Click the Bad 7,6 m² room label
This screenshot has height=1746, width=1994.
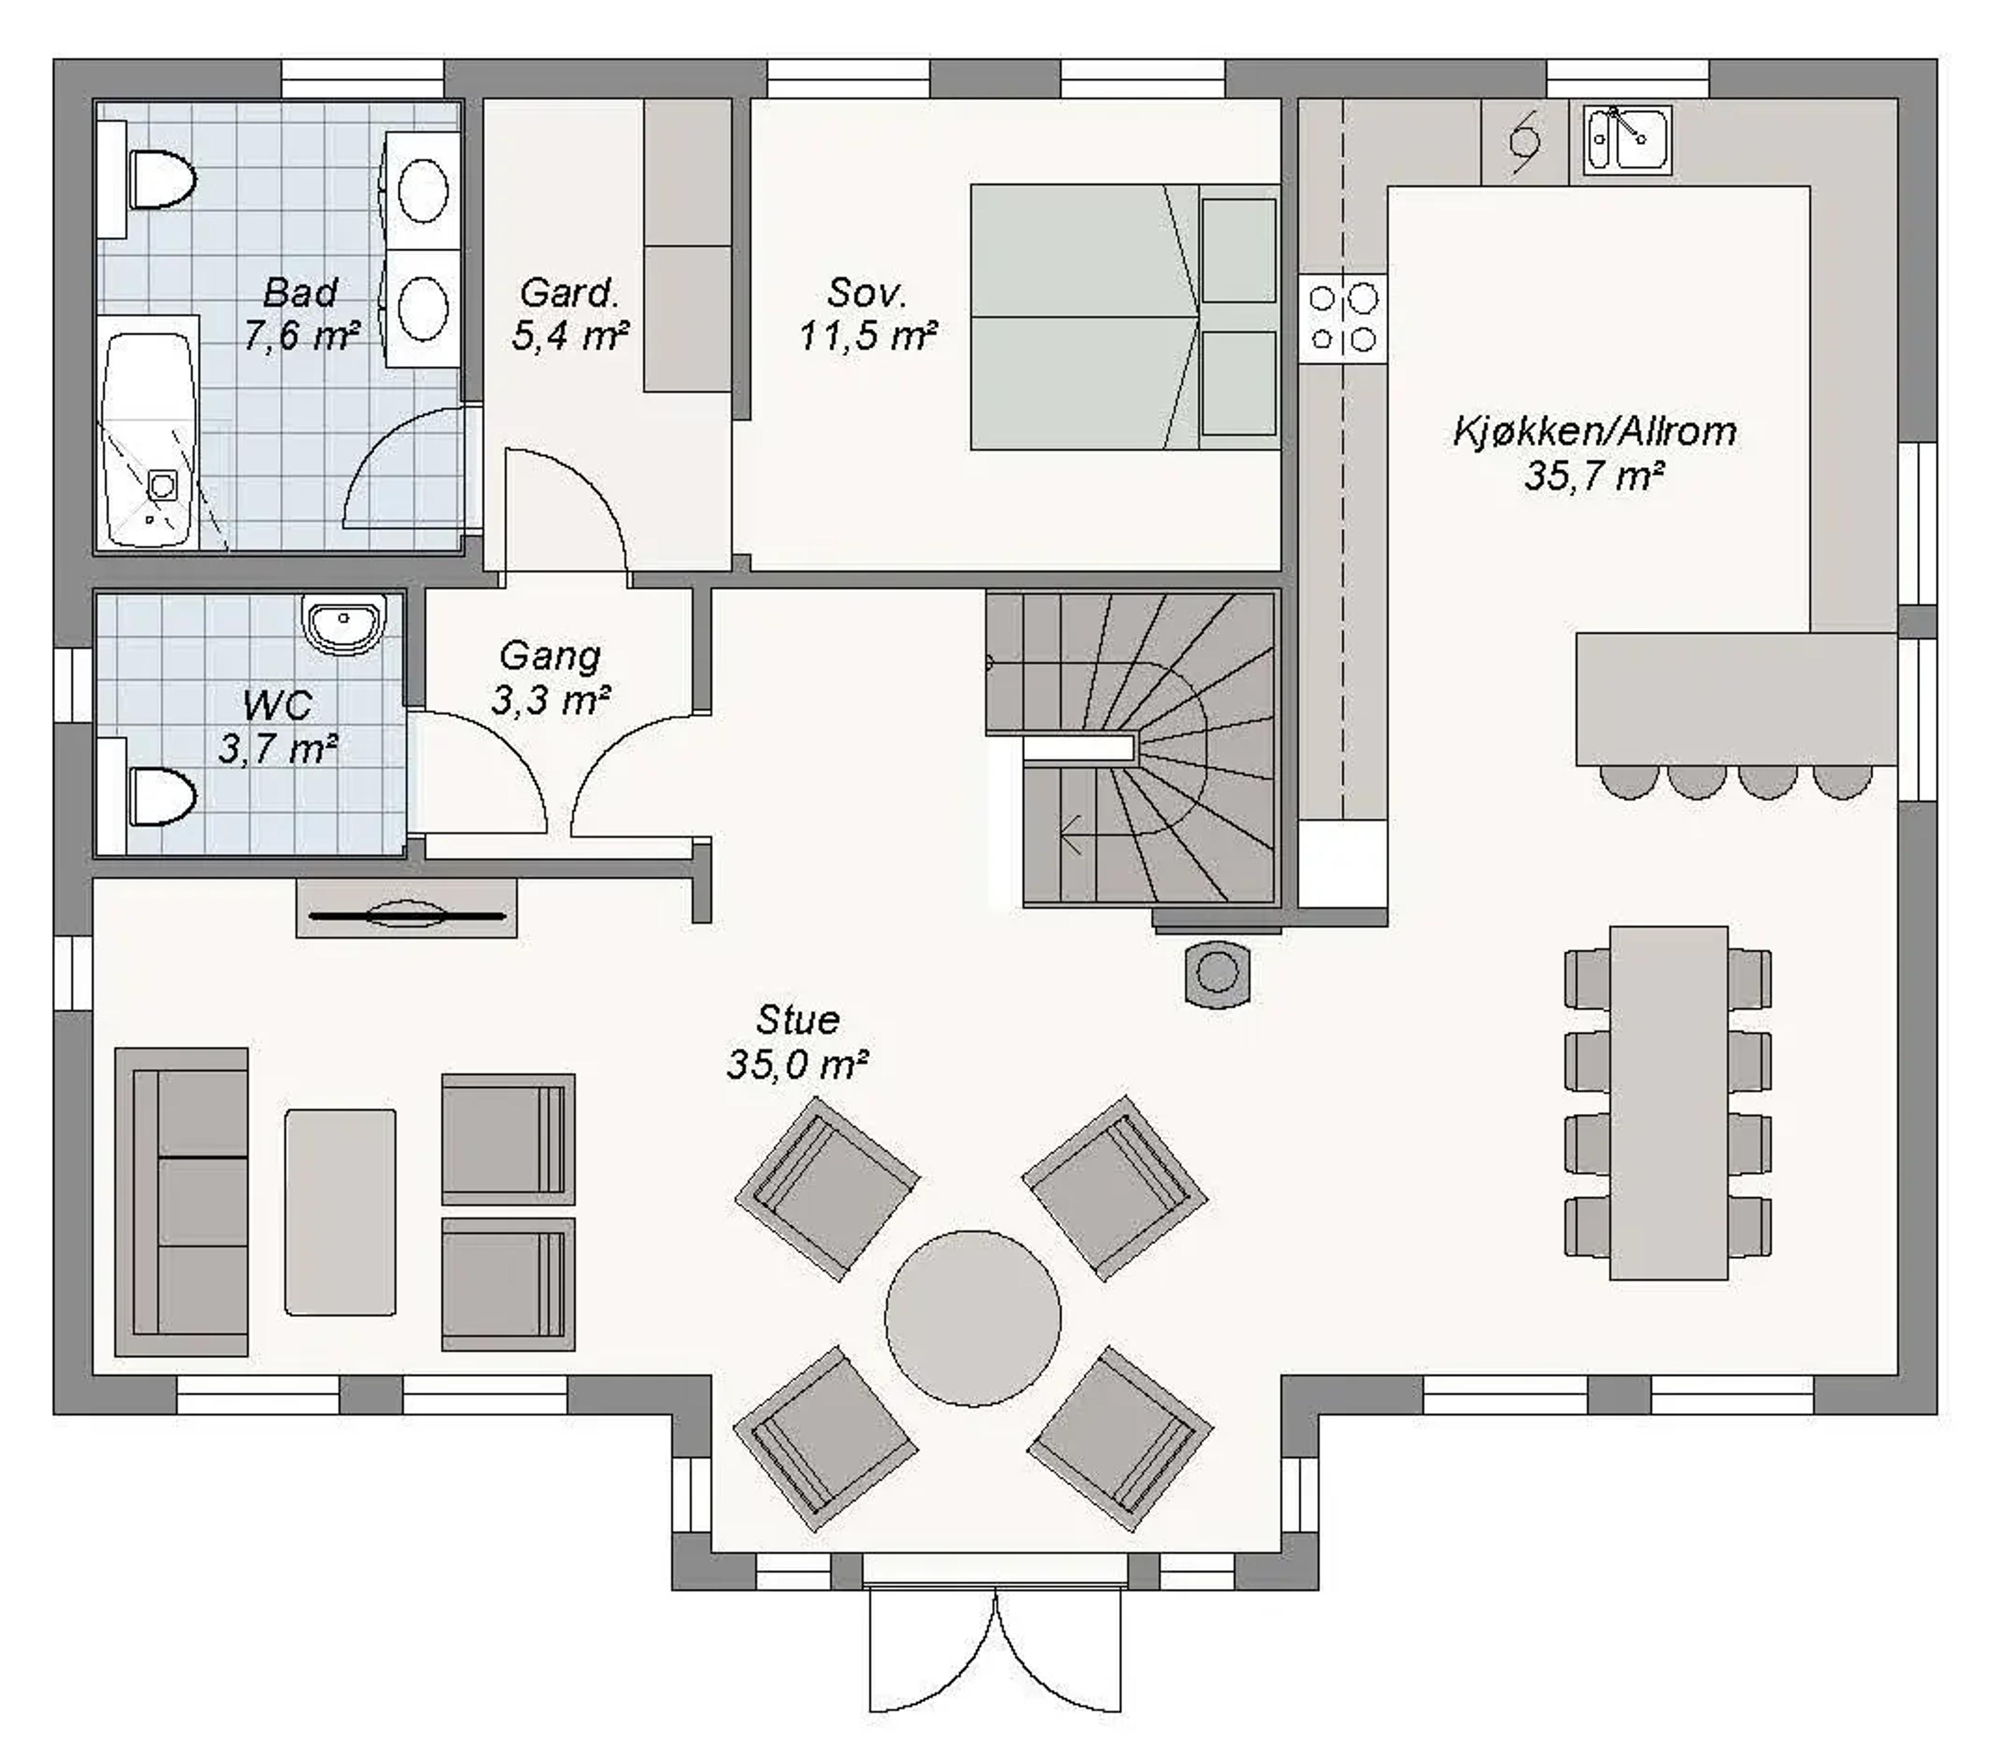(301, 314)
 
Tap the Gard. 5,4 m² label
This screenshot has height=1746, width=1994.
(570, 314)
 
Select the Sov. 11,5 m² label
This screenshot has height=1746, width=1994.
(867, 314)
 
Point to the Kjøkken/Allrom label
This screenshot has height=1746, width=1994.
(1595, 432)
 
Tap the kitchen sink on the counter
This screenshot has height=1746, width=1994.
(1627, 140)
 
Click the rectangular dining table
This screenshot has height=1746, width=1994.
(1668, 1102)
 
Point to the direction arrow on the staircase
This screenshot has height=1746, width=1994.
(1072, 835)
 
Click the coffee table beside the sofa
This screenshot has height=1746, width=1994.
(340, 1212)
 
